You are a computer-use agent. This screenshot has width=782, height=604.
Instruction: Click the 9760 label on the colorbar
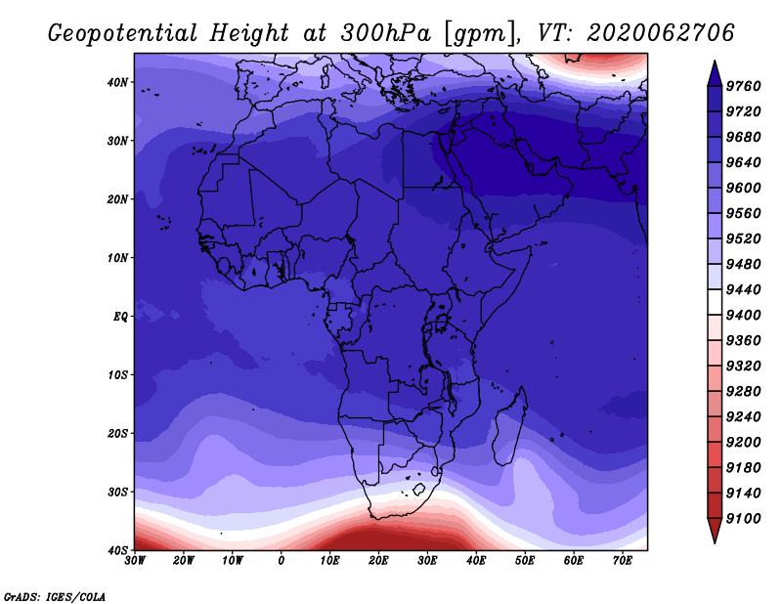[743, 86]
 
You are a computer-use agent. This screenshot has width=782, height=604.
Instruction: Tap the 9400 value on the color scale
[743, 315]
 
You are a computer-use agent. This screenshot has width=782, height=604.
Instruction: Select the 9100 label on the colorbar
[743, 518]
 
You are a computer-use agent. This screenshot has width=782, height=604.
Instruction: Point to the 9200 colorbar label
[743, 442]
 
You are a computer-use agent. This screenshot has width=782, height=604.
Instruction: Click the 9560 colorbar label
[743, 213]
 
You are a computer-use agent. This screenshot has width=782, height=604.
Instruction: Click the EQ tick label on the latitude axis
[120, 317]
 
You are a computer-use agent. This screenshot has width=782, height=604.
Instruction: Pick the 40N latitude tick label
[117, 82]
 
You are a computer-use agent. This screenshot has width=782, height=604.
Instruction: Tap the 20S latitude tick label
[117, 433]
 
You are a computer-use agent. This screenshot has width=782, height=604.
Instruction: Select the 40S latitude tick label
[117, 550]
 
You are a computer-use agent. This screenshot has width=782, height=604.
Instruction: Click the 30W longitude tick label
[135, 561]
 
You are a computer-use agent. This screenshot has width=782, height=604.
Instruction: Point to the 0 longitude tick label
[282, 561]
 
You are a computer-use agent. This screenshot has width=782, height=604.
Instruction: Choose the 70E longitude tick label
[623, 561]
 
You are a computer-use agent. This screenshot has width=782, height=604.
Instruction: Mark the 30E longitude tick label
[427, 561]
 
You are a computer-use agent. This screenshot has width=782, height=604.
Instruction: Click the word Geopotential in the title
[123, 34]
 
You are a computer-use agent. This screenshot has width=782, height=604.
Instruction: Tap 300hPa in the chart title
[385, 33]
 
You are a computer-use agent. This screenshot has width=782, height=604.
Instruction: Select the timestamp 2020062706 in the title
[661, 33]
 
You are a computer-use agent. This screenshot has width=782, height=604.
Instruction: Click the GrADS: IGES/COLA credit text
[55, 597]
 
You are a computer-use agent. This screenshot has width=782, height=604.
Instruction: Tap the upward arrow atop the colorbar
[715, 73]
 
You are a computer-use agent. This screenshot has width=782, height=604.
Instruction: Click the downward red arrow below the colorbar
[715, 531]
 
